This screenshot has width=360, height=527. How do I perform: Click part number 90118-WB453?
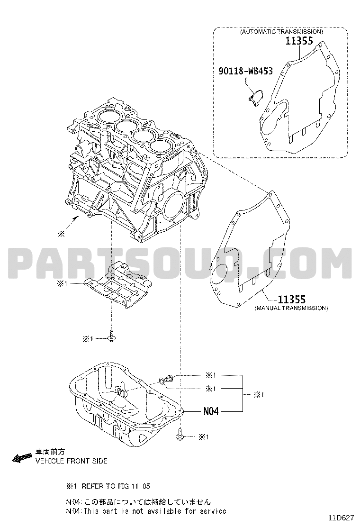pyautogui.click(x=245, y=71)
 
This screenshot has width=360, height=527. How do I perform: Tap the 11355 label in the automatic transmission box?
pyautogui.click(x=299, y=41)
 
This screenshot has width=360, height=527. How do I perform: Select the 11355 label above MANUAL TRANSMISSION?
pyautogui.click(x=291, y=299)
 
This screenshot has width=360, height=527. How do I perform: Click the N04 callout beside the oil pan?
pyautogui.click(x=211, y=411)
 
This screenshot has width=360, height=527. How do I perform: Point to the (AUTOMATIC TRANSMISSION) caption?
pyautogui.click(x=281, y=32)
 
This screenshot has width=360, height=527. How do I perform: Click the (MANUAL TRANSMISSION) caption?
pyautogui.click(x=291, y=308)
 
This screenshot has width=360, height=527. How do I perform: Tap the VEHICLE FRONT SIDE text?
pyautogui.click(x=72, y=461)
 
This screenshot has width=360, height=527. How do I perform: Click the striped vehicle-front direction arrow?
pyautogui.click(x=22, y=457)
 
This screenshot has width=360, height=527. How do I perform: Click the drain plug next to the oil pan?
pyautogui.click(x=170, y=379)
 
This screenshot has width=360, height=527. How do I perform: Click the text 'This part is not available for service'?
pyautogui.click(x=155, y=511)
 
